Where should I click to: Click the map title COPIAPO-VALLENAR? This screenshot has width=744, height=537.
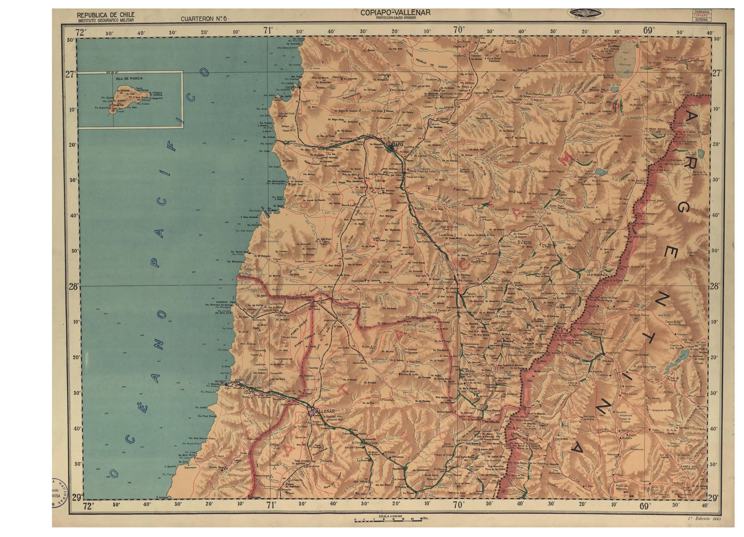coord(395,12)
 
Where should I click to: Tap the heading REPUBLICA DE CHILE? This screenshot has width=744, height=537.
coord(105,15)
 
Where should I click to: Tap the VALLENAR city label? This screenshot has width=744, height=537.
coord(325,411)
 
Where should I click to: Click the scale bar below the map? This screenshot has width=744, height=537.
coord(388,520)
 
